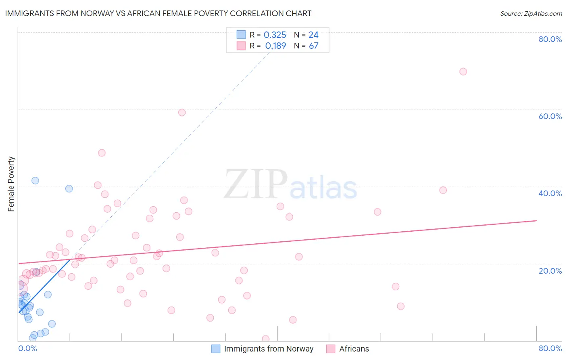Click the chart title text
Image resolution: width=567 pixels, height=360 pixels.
tap(158, 13)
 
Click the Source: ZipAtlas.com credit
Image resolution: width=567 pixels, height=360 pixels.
tap(531, 14)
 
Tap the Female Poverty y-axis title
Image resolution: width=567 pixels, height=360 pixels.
tap(11, 184)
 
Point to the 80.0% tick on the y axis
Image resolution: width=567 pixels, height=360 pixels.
tap(550, 39)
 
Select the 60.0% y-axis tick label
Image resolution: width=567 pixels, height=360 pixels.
tap(550, 116)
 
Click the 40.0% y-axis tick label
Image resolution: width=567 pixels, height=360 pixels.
tap(550, 193)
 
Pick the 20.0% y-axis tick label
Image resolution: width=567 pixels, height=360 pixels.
tap(550, 271)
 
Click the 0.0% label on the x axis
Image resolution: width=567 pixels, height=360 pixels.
tap(27, 348)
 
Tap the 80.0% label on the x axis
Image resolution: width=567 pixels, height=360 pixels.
tap(550, 348)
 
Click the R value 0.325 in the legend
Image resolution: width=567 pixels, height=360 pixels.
tap(275, 35)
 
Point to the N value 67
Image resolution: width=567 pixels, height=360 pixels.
tap(313, 46)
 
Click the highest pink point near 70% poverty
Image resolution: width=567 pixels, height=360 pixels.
tap(463, 71)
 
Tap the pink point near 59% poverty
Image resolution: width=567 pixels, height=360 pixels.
tap(182, 113)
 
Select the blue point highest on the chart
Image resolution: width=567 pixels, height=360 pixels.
tap(35, 180)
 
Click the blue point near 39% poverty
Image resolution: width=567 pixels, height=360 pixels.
tap(69, 188)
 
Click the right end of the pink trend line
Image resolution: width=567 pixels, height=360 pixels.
tap(536, 221)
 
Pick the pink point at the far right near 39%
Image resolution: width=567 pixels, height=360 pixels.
tap(443, 190)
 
